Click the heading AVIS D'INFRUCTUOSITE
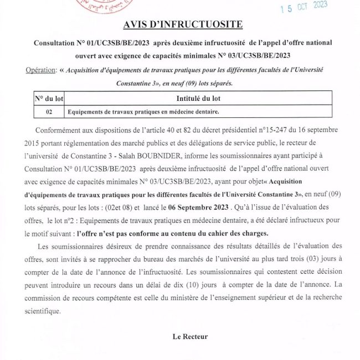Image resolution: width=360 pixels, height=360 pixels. pyautogui.click(x=179, y=26)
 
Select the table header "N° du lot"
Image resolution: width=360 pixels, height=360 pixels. pyautogui.click(x=49, y=99)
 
